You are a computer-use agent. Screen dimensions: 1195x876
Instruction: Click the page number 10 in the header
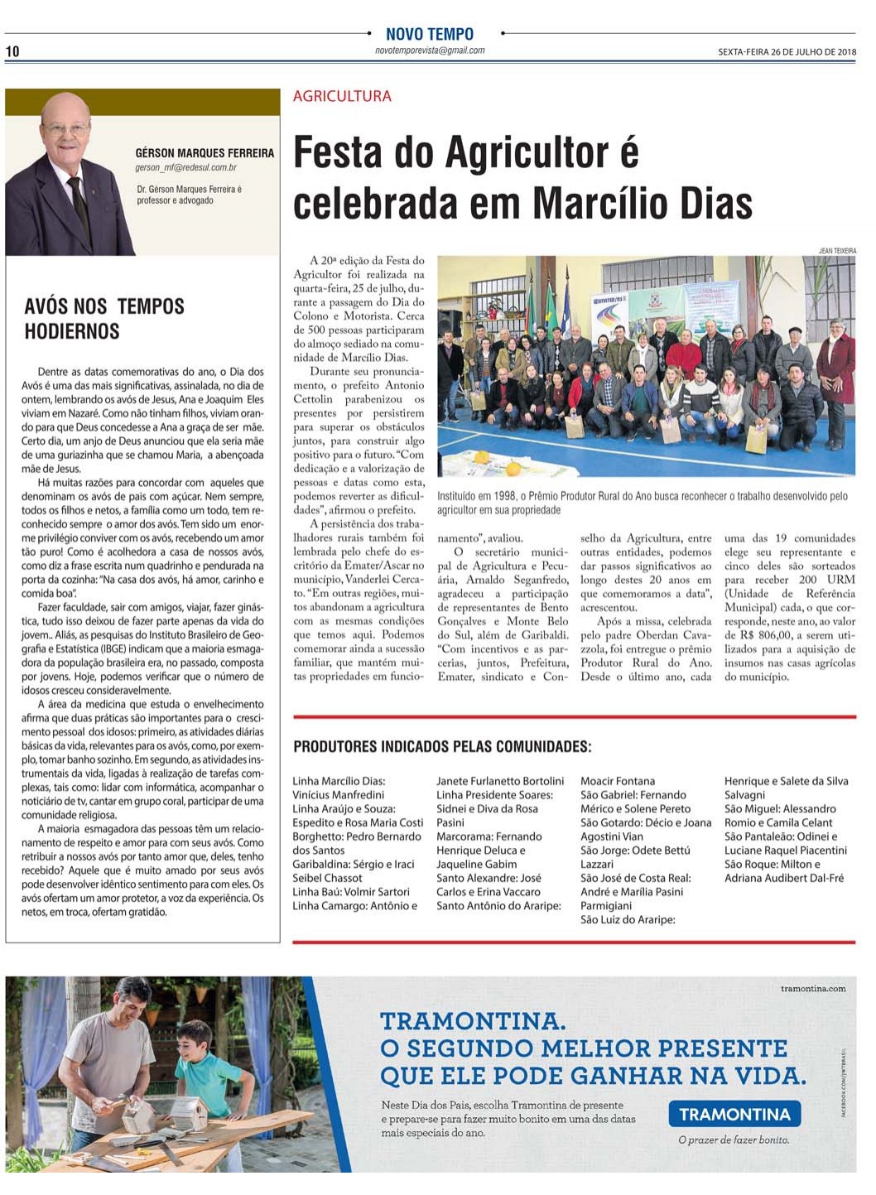[x=12, y=51]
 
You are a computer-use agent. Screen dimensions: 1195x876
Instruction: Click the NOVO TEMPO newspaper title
[x=430, y=34]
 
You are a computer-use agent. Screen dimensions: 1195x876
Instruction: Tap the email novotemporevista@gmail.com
[x=430, y=51]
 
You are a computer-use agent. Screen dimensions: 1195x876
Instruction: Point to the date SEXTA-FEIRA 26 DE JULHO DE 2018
[x=787, y=52]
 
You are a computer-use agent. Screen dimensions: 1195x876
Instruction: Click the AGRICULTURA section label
[x=342, y=96]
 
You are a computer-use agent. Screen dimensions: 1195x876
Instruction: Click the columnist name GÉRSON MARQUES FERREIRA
[x=205, y=153]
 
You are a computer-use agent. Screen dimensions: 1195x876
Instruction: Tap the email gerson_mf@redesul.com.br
[x=186, y=167]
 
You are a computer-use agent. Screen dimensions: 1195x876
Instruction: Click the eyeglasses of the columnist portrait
[x=65, y=129]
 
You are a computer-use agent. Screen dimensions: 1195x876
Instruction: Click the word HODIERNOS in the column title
[x=72, y=331]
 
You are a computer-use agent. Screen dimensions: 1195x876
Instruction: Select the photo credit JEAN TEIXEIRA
[x=837, y=250]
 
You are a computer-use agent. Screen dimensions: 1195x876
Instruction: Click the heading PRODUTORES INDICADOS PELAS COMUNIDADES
[x=442, y=747]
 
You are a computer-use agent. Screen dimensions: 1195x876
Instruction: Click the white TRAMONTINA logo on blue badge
[x=734, y=1114]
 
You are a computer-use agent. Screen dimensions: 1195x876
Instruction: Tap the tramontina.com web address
[x=813, y=988]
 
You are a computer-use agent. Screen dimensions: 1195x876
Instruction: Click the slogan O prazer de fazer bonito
[x=734, y=1140]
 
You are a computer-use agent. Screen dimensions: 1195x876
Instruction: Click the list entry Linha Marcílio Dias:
[x=339, y=781]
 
